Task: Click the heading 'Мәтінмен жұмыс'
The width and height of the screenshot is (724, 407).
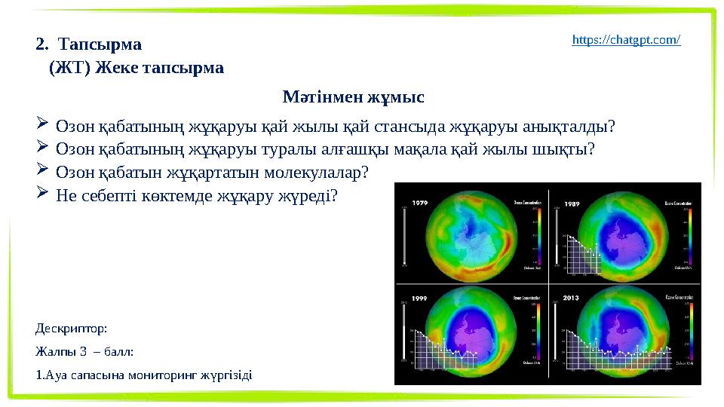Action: (x=353, y=97)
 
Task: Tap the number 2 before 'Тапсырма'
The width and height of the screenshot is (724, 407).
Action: (x=40, y=44)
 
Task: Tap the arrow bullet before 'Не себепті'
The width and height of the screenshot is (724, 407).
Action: (x=42, y=194)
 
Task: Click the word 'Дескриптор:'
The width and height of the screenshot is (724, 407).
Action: (x=72, y=329)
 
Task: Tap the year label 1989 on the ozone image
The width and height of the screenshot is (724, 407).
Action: (x=570, y=202)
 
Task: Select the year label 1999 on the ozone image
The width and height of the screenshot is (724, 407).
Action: (x=421, y=298)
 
